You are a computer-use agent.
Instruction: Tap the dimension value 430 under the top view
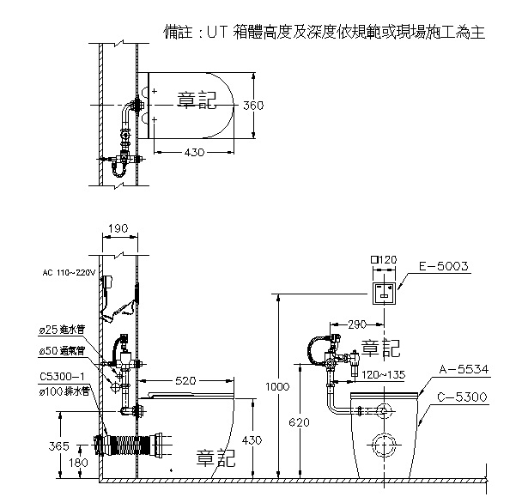193,152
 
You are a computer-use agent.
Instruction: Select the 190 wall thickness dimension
119,229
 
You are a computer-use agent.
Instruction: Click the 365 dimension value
58,446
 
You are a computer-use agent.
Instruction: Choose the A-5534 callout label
464,368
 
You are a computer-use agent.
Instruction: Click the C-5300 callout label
464,397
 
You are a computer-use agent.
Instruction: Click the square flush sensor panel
383,292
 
